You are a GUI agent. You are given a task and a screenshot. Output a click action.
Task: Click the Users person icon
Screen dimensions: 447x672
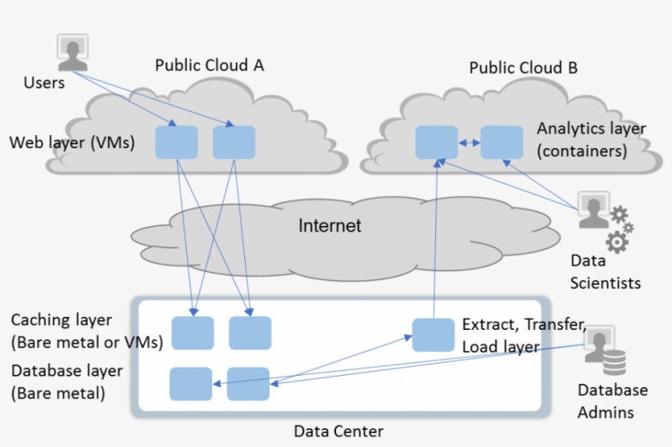click(x=73, y=52)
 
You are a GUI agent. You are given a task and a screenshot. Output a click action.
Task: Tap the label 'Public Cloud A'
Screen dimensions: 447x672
click(x=210, y=66)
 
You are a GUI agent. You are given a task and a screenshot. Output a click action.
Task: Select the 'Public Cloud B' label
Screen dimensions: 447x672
click(x=523, y=68)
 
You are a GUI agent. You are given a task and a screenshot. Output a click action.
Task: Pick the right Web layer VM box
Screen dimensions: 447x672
click(x=234, y=142)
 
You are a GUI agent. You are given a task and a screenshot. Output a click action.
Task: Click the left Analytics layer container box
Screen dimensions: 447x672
click(x=436, y=142)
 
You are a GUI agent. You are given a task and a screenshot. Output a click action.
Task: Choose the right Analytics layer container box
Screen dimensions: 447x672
click(x=502, y=142)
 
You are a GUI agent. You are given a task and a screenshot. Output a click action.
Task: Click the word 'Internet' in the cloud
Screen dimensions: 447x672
click(x=329, y=226)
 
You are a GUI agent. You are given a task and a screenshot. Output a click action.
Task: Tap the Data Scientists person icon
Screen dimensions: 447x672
click(x=593, y=211)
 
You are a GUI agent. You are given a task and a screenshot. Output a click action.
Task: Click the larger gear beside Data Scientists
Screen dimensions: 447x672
click(x=617, y=241)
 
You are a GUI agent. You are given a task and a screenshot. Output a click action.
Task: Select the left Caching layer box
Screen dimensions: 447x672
click(x=193, y=333)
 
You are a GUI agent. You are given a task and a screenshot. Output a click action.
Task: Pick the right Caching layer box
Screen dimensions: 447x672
click(x=250, y=333)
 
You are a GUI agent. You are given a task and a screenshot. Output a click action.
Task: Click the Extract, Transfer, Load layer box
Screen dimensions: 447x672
click(x=433, y=334)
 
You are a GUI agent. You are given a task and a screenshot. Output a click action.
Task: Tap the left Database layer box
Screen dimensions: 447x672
click(x=191, y=384)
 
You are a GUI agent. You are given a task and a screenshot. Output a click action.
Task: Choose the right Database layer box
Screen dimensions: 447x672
click(x=248, y=384)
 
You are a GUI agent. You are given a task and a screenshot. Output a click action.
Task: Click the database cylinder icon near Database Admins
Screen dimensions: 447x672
click(x=613, y=363)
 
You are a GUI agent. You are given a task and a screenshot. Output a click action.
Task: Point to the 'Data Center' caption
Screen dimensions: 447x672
click(x=338, y=431)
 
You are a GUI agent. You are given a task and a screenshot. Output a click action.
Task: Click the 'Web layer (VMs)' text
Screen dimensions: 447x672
click(x=71, y=143)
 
